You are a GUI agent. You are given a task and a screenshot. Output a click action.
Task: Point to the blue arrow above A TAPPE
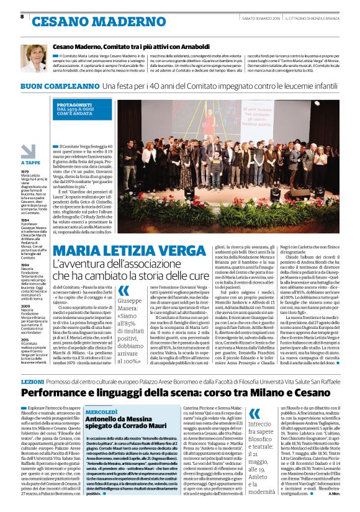29,151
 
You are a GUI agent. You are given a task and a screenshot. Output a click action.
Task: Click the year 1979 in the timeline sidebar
25,171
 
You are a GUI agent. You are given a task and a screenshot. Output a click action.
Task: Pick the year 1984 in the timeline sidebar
25,220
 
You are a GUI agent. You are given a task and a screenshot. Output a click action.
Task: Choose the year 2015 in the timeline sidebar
25,340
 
